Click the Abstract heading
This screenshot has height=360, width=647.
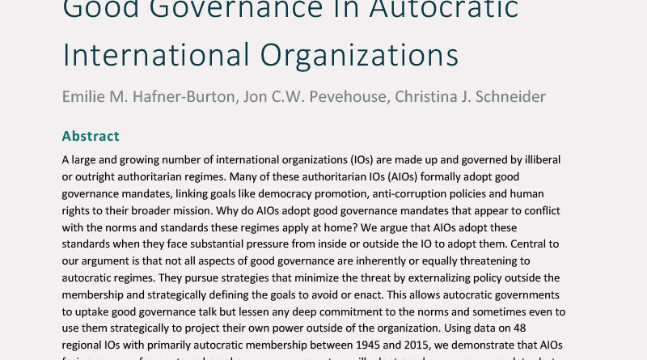91,136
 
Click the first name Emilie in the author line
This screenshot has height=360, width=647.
84,95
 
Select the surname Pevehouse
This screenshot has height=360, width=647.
351,95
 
